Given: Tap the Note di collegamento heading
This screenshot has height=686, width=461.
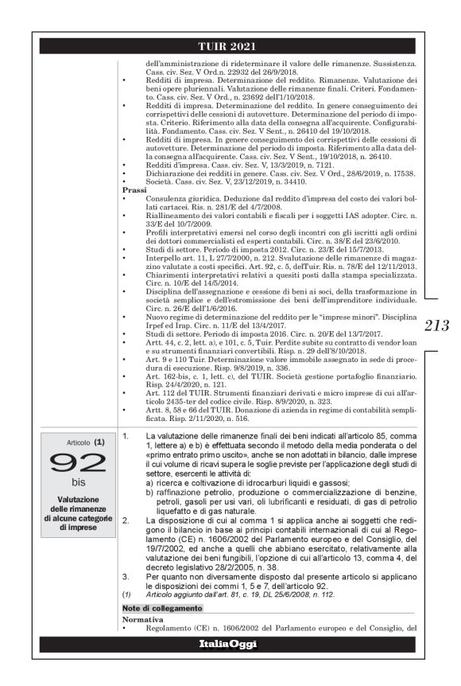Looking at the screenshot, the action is coord(157,606).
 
